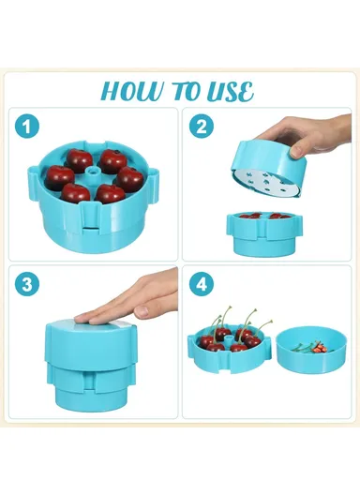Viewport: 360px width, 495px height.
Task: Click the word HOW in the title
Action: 134,91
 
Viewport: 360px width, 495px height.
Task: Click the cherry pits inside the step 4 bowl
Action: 317,346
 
